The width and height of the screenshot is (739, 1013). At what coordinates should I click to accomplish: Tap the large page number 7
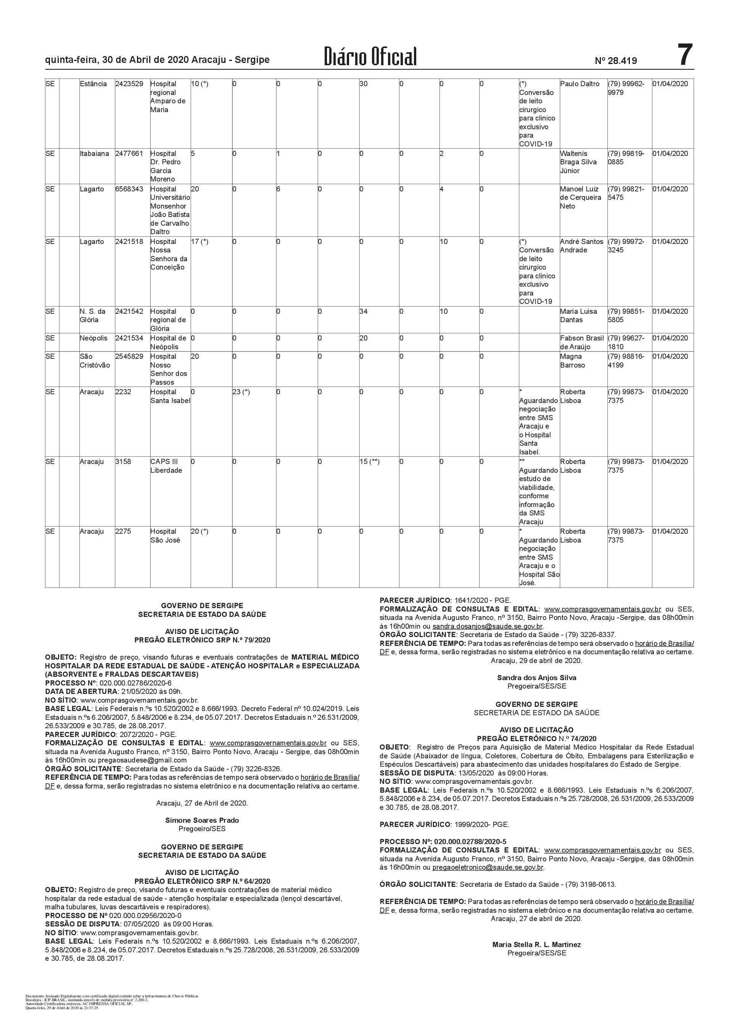point(684,55)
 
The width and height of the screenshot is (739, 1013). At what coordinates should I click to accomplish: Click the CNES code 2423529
point(129,84)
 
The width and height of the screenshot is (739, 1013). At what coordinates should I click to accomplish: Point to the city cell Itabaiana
point(94,154)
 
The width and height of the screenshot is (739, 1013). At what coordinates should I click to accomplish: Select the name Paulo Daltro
point(580,84)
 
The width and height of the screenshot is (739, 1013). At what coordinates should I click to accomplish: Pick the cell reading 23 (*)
point(241,392)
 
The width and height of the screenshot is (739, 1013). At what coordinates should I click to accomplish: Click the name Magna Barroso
point(572,361)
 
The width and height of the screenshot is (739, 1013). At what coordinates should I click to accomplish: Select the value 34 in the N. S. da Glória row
point(364,311)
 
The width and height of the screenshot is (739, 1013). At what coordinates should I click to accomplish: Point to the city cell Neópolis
point(94,339)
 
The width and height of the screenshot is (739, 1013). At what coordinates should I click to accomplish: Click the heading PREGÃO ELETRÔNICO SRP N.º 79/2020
point(202,640)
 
